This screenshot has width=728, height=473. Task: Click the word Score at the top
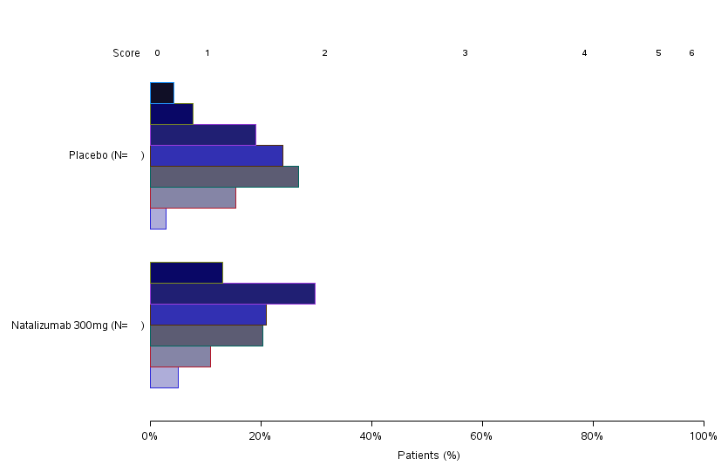click(x=126, y=53)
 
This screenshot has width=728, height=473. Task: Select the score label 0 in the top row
click(x=157, y=53)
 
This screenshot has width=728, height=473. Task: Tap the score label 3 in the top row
click(x=465, y=53)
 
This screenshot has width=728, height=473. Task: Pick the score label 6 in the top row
click(x=691, y=53)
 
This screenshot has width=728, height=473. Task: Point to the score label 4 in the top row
click(x=584, y=53)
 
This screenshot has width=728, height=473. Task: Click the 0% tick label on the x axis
click(x=150, y=436)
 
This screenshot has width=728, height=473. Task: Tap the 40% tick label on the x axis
click(x=371, y=436)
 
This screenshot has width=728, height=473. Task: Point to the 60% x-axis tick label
click(x=481, y=436)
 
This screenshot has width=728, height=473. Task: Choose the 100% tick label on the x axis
click(x=703, y=436)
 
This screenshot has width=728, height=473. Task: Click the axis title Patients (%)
click(x=428, y=456)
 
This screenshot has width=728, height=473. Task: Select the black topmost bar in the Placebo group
click(x=162, y=93)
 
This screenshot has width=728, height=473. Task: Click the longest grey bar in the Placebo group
click(x=224, y=176)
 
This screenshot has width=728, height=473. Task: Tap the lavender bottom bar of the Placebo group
click(x=158, y=218)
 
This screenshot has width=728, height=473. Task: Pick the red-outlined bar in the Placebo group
click(x=193, y=197)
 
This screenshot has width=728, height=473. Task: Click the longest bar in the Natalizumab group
click(x=232, y=293)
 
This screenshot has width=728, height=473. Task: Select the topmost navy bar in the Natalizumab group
click(x=186, y=272)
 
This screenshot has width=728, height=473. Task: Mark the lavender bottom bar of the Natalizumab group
click(x=164, y=377)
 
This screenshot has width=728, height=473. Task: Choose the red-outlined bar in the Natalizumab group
click(x=180, y=356)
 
